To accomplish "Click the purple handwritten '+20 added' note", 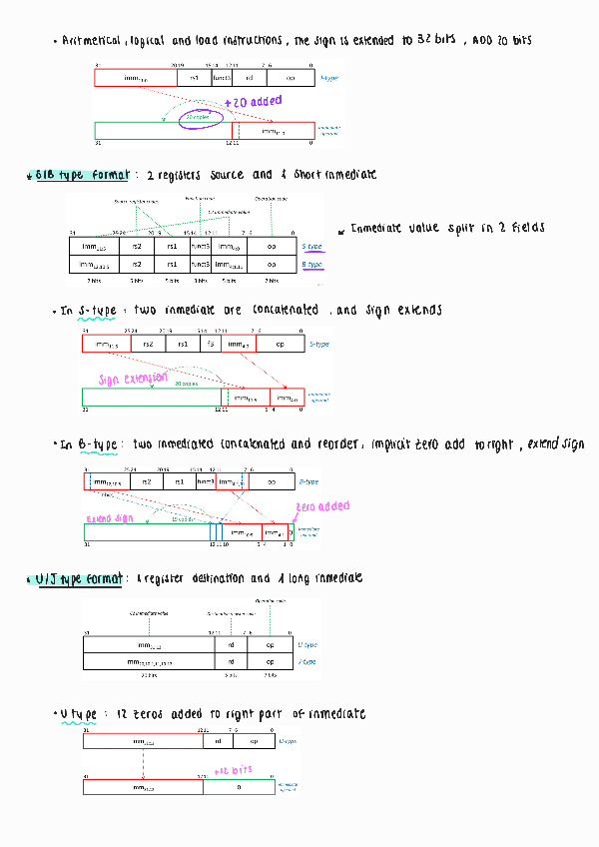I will pyautogui.click(x=253, y=101).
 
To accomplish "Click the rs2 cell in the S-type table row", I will pyautogui.click(x=137, y=246).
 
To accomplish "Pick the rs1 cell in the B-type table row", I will pyautogui.click(x=172, y=265).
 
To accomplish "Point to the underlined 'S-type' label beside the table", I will pyautogui.click(x=311, y=246).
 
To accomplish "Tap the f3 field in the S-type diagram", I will pyautogui.click(x=210, y=344).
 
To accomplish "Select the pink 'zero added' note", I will pyautogui.click(x=321, y=507).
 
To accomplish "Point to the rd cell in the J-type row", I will pyautogui.click(x=232, y=661).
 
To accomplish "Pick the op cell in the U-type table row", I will pyautogui.click(x=269, y=645).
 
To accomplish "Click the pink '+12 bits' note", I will pyautogui.click(x=233, y=770).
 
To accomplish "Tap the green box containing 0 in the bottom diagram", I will pyautogui.click(x=239, y=787).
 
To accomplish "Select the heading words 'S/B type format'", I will pyautogui.click(x=82, y=175).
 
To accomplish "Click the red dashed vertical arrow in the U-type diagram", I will pyautogui.click(x=143, y=763).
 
